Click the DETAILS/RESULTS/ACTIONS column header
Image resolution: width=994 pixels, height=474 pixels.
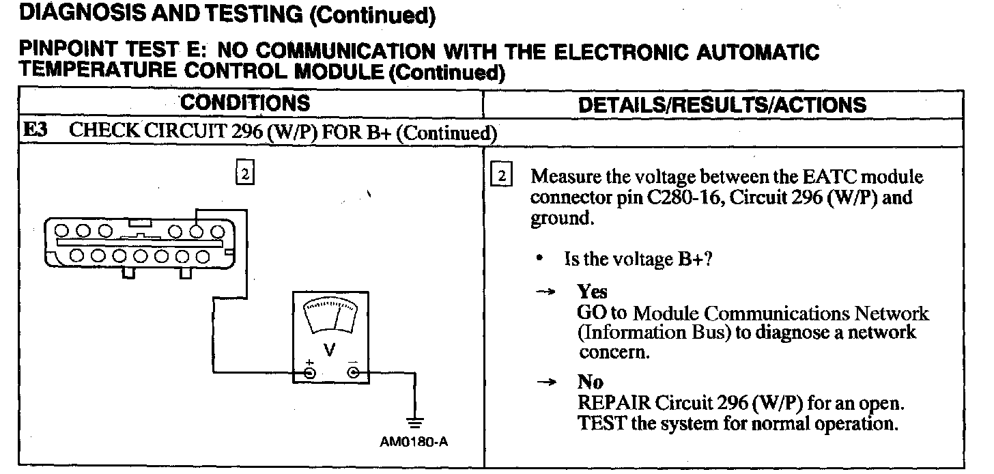click(x=722, y=104)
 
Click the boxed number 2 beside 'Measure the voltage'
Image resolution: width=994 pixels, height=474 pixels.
click(x=502, y=176)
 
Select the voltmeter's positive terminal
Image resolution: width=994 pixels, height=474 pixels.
click(x=309, y=372)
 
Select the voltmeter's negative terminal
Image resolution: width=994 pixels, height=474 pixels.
click(x=353, y=372)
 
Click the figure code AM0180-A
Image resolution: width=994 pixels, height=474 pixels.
click(x=414, y=441)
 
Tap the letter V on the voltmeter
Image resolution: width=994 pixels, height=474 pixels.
click(x=330, y=350)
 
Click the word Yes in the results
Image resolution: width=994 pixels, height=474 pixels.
click(x=592, y=292)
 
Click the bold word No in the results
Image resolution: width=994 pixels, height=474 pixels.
click(x=590, y=382)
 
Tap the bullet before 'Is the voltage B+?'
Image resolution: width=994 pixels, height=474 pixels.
click(x=540, y=260)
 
